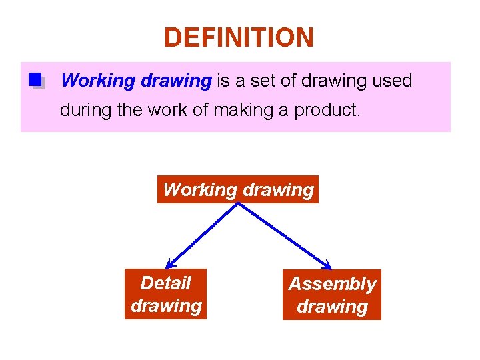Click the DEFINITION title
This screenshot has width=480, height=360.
239,37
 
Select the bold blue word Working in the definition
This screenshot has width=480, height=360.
98,81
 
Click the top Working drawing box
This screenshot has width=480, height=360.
238,189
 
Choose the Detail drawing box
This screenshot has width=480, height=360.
165,294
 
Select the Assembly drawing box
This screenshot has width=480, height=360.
332,295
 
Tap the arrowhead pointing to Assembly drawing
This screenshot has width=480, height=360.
327,265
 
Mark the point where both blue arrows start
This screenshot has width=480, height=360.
238,203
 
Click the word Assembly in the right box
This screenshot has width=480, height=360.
332,284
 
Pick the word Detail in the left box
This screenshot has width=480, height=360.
165,283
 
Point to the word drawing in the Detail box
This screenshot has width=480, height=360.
166,305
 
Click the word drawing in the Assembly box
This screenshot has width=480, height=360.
332,307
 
